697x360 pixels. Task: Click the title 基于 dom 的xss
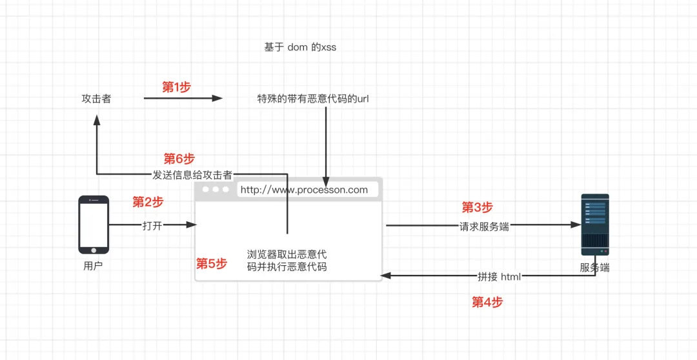[300, 48]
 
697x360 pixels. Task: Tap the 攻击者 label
[96, 99]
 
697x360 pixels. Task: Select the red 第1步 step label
[176, 87]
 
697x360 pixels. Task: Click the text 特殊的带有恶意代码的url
[313, 99]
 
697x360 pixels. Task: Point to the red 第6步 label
[179, 159]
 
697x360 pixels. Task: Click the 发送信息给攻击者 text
[192, 174]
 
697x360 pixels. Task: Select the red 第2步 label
[148, 202]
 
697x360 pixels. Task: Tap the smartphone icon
[94, 225]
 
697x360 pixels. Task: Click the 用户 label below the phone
[93, 266]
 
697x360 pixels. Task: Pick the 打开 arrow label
[152, 225]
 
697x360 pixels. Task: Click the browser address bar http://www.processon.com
[303, 190]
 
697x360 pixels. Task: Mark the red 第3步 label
[477, 207]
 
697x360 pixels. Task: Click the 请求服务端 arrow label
[484, 226]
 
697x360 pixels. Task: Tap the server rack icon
[594, 224]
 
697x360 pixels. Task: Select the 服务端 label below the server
[594, 267]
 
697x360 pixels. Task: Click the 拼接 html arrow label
[499, 276]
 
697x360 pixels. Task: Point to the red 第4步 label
[487, 302]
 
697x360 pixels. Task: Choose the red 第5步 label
[212, 263]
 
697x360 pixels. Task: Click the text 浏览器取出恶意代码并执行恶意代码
[287, 260]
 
